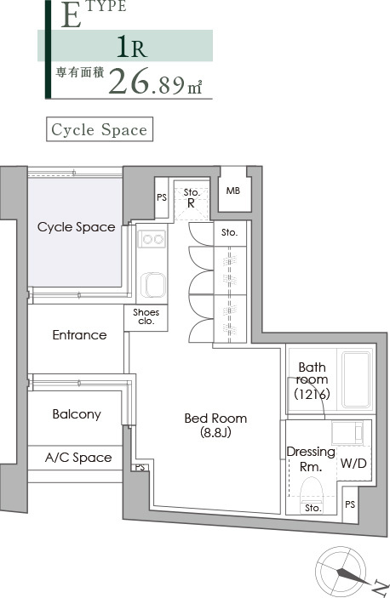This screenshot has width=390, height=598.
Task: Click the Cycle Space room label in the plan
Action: click(77, 227)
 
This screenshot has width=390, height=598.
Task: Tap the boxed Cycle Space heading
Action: click(100, 129)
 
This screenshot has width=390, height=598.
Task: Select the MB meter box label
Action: click(233, 191)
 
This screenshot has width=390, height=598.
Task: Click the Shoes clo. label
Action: click(146, 317)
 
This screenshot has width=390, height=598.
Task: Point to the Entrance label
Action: click(79, 335)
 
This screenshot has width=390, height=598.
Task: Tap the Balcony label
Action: click(77, 414)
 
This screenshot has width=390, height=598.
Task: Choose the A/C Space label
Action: click(78, 458)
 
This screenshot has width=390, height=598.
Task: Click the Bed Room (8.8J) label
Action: click(215, 424)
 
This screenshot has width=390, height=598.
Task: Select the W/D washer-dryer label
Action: click(353, 464)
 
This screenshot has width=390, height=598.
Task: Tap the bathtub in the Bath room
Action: click(357, 380)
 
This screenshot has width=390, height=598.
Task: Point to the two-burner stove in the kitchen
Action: click(152, 239)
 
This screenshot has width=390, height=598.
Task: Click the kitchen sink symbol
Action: click(153, 285)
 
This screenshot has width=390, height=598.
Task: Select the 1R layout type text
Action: click(132, 47)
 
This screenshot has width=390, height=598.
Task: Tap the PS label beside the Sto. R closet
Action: click(162, 197)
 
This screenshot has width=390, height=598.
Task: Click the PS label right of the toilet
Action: click(350, 504)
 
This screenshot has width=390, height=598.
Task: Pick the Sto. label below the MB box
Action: click(229, 232)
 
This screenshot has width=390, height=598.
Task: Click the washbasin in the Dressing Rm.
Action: click(347, 433)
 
